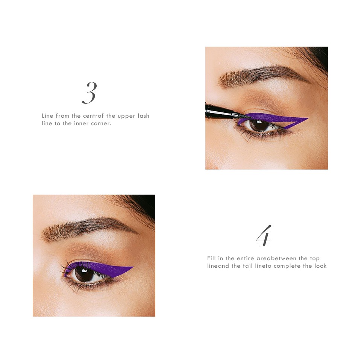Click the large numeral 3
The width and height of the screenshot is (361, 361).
(x=89, y=93)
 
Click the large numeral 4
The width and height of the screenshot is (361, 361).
(x=264, y=236)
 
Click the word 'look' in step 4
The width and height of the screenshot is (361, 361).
(x=320, y=266)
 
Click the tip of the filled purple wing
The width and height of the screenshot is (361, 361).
(x=132, y=267)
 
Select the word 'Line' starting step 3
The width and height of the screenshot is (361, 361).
(x=47, y=116)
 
